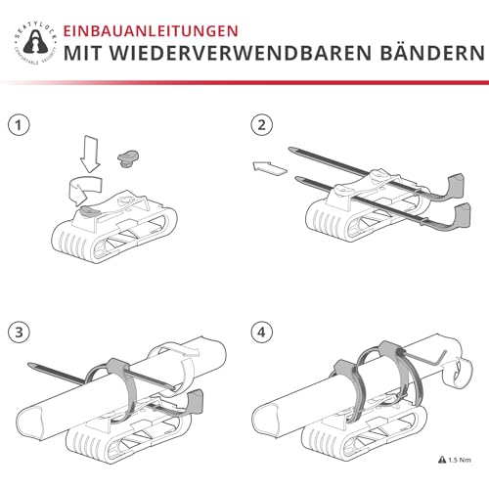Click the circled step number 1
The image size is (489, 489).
(x=17, y=125)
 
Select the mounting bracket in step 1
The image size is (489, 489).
(x=108, y=224)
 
